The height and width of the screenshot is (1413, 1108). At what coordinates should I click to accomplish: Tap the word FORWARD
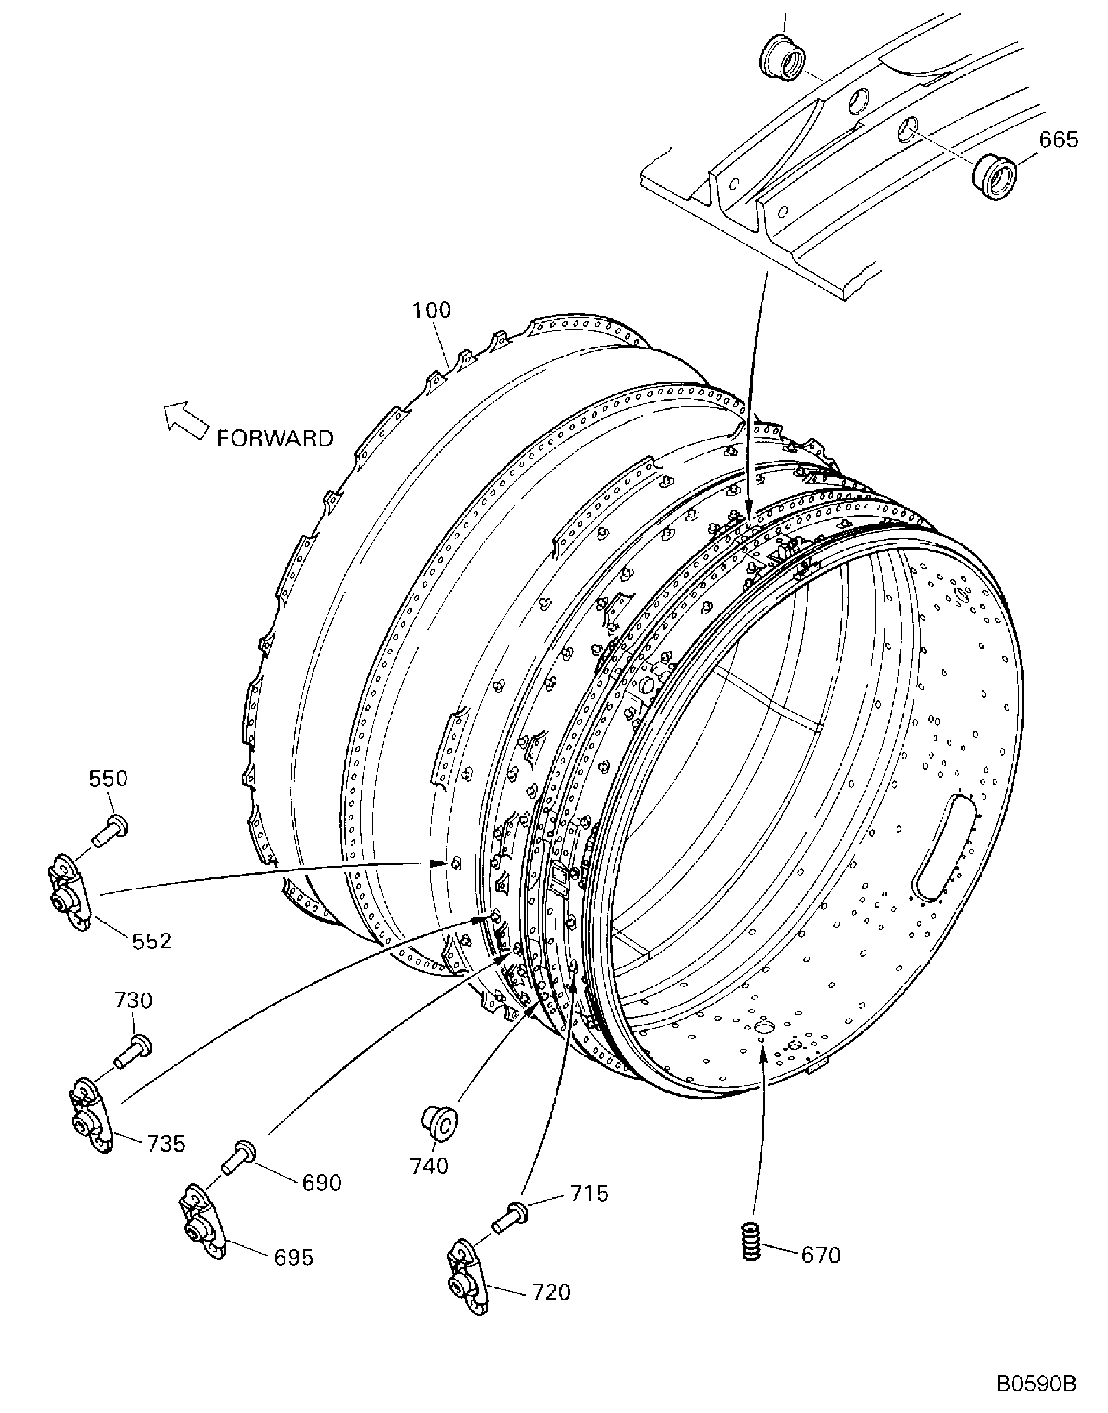[x=275, y=439]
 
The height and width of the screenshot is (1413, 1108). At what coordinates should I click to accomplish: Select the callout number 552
[x=152, y=941]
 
